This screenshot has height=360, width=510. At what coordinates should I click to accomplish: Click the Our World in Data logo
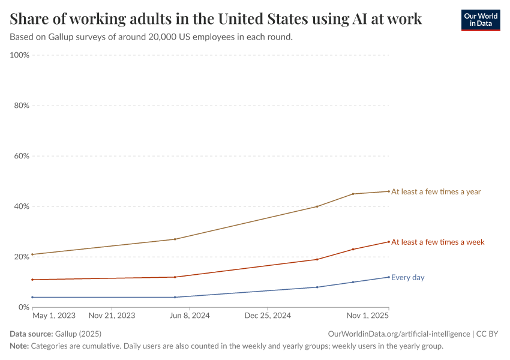(480, 20)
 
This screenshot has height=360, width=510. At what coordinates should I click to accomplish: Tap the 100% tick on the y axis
(20, 55)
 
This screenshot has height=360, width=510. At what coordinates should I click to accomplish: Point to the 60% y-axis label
(22, 156)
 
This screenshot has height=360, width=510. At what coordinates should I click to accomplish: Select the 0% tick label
(23, 307)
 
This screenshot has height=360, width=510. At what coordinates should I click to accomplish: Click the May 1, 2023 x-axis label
(53, 315)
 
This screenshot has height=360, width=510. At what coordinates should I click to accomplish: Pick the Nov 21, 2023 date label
(112, 315)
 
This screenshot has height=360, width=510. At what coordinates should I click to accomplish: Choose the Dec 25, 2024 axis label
(268, 315)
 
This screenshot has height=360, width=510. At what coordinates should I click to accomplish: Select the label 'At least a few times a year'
(436, 192)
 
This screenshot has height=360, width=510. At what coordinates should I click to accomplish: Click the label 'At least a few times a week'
(437, 242)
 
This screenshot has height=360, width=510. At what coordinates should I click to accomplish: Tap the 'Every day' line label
(407, 277)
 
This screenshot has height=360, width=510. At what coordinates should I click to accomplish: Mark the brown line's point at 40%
(317, 206)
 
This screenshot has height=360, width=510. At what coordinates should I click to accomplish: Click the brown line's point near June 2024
(175, 239)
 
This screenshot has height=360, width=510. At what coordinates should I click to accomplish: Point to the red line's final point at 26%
(389, 242)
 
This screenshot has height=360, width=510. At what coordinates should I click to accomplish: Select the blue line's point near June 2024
(175, 297)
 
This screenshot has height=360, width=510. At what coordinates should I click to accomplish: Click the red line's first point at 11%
(32, 280)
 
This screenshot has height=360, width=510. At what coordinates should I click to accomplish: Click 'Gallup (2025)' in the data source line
(77, 334)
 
